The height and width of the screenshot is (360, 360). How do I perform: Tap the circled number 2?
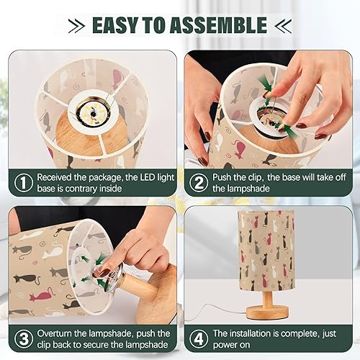point(197,183)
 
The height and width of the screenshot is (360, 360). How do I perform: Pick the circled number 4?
point(197,338)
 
